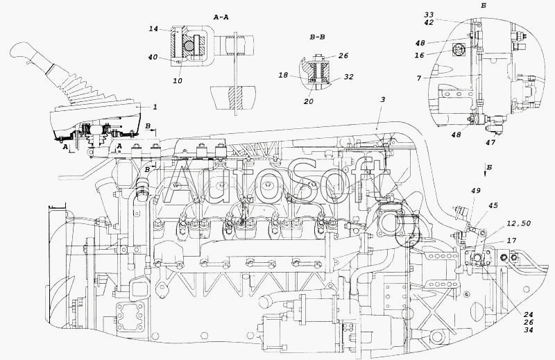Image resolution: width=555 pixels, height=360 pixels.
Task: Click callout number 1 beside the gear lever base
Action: pos(155,108)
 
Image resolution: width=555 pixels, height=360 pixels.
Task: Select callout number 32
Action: pos(348,78)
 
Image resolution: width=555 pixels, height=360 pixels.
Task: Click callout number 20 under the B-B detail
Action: pos(308,101)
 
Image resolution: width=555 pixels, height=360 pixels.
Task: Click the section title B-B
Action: pos(321,40)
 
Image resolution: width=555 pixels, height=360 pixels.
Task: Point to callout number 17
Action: pos(512,241)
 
